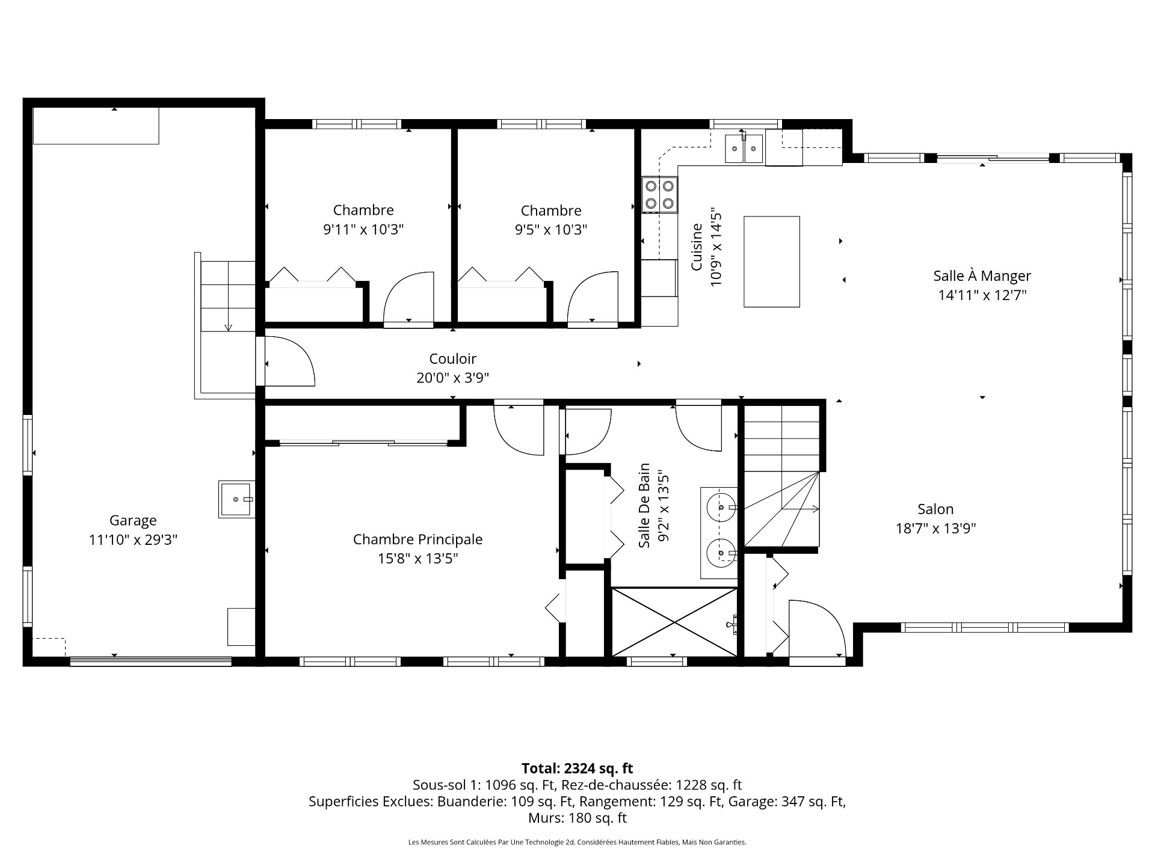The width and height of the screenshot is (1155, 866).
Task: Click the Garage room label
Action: click(x=133, y=521)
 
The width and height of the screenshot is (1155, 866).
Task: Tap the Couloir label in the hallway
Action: click(x=453, y=359)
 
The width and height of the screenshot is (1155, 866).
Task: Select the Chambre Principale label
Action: click(x=417, y=539)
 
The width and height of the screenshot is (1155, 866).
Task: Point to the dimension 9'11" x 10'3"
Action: click(x=363, y=230)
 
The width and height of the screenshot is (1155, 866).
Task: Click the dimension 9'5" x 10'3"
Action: click(x=551, y=230)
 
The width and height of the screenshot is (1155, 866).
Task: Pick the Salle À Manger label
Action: click(x=982, y=276)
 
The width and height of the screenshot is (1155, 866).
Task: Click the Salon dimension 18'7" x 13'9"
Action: click(x=935, y=529)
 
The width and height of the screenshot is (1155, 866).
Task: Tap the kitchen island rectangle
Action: click(x=772, y=262)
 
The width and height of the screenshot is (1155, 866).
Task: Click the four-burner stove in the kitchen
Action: click(x=659, y=195)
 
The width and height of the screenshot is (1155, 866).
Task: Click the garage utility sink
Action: click(x=236, y=499)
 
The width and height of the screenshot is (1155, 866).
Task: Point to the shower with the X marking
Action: click(x=674, y=622)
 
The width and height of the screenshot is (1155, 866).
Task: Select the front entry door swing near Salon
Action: click(x=818, y=628)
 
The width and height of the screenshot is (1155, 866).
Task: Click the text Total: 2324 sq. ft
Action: click(x=577, y=768)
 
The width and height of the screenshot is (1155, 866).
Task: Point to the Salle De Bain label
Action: click(x=644, y=505)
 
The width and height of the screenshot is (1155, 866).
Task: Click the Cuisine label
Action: click(x=697, y=247)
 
